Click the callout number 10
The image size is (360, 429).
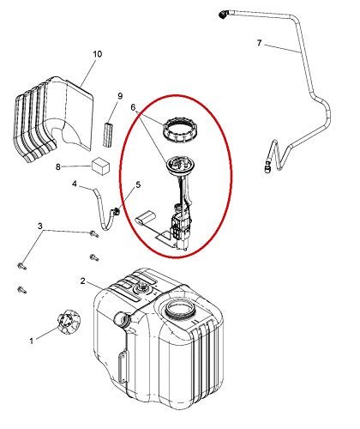tap(98, 54)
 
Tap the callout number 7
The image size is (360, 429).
tap(259, 43)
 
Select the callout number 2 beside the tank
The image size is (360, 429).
tap(83, 281)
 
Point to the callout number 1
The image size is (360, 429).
tap(32, 341)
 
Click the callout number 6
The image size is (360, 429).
tap(133, 107)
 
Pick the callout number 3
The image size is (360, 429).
tap(40, 226)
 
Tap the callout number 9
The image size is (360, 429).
tap(120, 96)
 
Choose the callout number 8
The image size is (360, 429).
tap(58, 166)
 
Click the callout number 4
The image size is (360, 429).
tap(75, 184)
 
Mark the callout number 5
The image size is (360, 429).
tap(138, 184)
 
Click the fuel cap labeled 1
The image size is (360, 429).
tap(68, 322)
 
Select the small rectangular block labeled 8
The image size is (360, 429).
tap(100, 166)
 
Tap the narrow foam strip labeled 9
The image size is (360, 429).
tap(108, 135)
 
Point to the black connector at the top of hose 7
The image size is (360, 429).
tap(223, 15)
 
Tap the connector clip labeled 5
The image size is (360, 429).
tap(116, 212)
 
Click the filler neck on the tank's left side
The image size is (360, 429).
tap(123, 318)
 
